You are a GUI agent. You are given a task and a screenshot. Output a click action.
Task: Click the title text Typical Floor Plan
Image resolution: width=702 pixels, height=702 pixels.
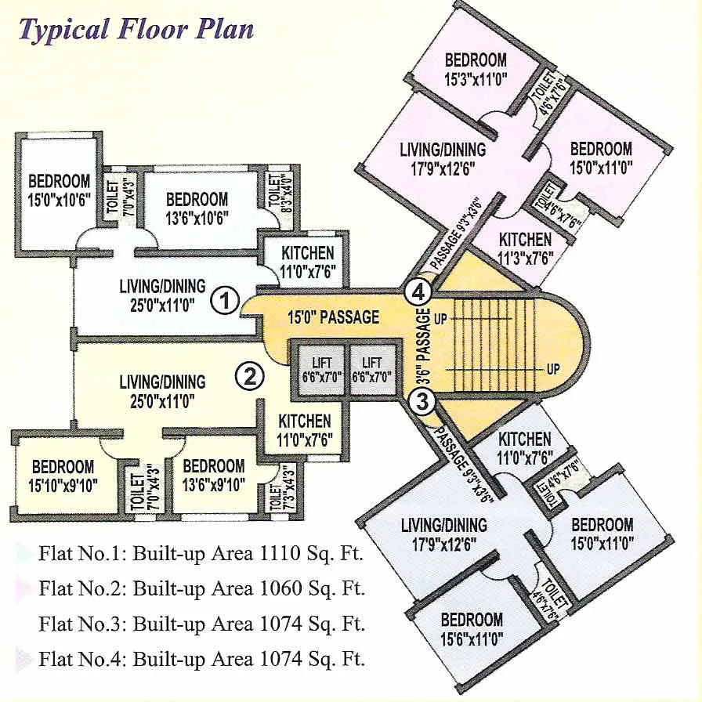point(136,30)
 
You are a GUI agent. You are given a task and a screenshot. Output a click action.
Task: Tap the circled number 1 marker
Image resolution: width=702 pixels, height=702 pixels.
point(226,300)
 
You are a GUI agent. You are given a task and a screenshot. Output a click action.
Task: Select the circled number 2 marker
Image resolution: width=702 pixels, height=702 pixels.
point(250,377)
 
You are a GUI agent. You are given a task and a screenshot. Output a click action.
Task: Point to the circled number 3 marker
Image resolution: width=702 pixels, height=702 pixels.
point(422,403)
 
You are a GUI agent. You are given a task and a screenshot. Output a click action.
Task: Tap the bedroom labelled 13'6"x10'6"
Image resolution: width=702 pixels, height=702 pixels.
point(197,208)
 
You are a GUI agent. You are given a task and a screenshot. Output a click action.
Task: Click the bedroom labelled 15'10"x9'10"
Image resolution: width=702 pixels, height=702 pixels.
point(63,475)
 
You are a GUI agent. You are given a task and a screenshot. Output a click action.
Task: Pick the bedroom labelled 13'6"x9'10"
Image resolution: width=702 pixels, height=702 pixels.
point(213,475)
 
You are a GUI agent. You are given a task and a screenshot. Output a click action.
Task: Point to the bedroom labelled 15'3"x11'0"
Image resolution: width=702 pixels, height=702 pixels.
point(476,68)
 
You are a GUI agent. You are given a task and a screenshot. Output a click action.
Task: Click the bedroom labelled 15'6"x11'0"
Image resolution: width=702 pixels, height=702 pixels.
point(471,628)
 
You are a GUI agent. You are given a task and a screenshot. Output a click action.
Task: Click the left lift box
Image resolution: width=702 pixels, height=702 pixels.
point(321,368)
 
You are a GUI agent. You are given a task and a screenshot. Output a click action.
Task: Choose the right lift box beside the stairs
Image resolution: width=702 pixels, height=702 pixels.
point(372,368)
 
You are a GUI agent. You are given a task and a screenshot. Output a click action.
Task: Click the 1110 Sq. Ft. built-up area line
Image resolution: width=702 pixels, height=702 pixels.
point(201,555)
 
